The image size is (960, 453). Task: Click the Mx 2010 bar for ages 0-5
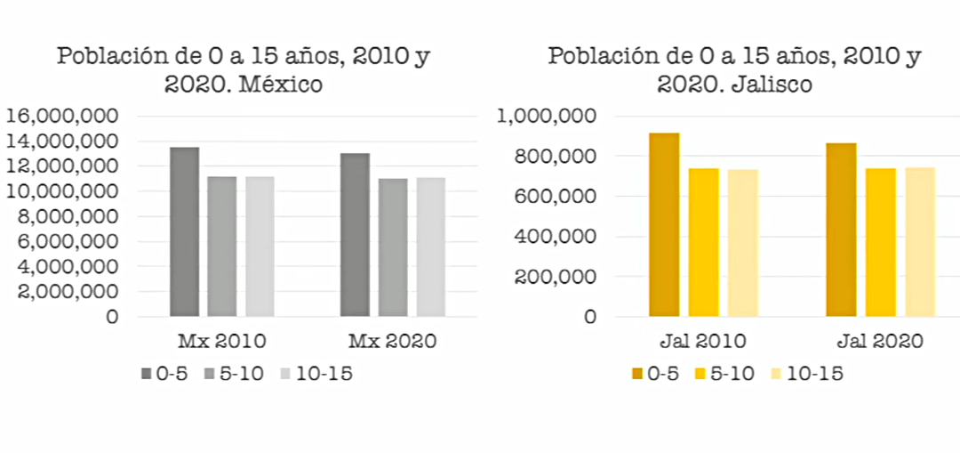coord(185,231)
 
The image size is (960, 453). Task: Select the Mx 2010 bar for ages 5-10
coord(222,246)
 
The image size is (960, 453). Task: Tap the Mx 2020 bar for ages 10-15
coord(430,247)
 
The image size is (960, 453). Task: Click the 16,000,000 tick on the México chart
coord(62,117)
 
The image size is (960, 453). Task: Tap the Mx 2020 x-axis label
coord(392,342)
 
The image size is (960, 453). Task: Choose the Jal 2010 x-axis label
coord(702,342)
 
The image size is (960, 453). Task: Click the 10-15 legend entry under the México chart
coord(316,374)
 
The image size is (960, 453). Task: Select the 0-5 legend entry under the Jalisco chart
coord(656,374)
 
